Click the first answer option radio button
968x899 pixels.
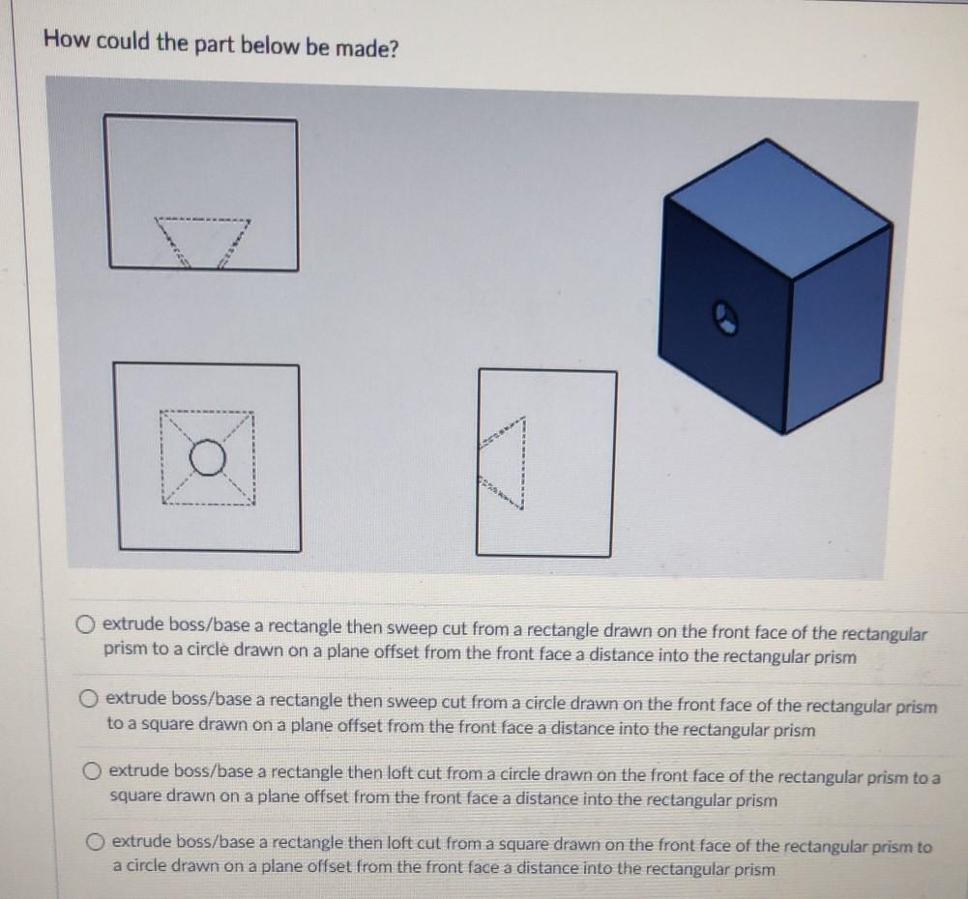[x=87, y=623]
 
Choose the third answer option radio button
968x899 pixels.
[x=93, y=771]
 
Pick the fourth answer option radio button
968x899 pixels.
[x=96, y=840]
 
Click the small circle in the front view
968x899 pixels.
[x=206, y=457]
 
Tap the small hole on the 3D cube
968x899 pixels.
[x=726, y=316]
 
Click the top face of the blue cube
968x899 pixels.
[x=778, y=208]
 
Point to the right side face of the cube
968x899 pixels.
[x=837, y=329]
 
